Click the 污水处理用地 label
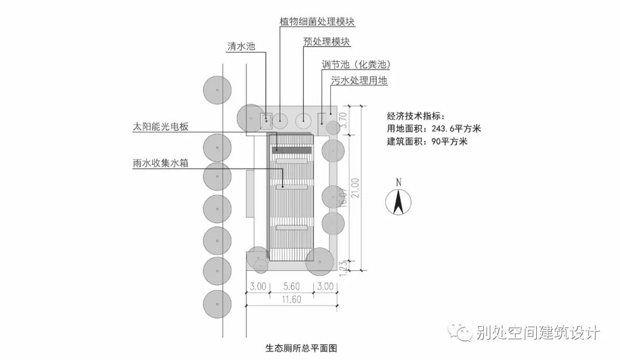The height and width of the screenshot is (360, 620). pyautogui.click(x=359, y=81)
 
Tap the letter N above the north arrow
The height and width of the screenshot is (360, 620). pyautogui.click(x=398, y=183)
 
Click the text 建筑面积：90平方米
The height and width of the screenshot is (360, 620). pyautogui.click(x=427, y=141)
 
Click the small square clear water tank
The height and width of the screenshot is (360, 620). pyautogui.click(x=266, y=121)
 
